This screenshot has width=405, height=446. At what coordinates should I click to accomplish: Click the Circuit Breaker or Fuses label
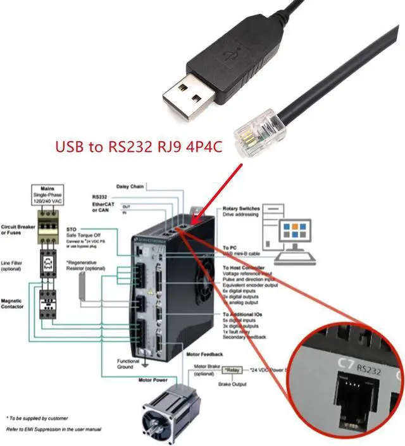16,228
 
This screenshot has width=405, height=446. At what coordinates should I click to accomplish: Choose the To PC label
230,248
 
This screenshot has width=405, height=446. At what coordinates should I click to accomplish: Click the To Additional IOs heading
247,314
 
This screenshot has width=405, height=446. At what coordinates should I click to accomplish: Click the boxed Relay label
233,369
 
